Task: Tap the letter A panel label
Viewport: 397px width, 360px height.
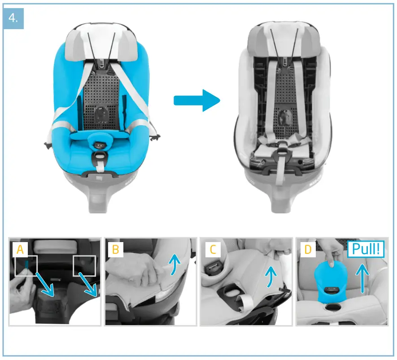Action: click(20, 249)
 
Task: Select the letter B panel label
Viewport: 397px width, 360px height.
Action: click(115, 249)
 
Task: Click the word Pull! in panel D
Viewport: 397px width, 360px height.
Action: click(366, 250)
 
